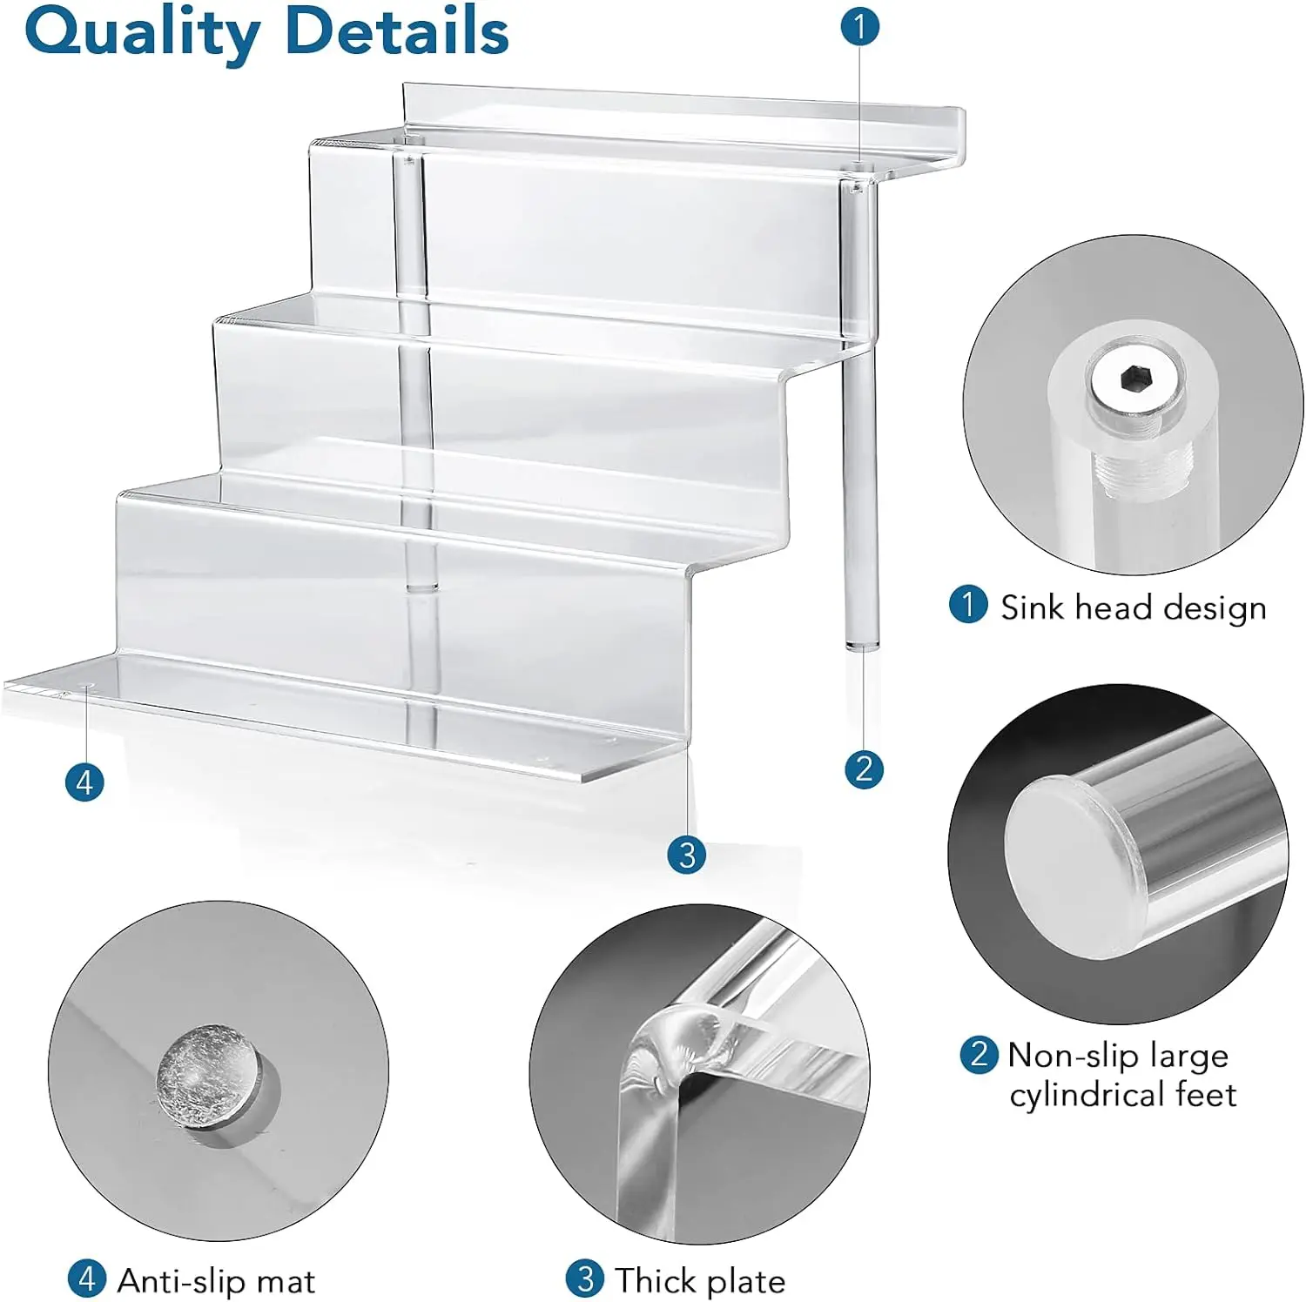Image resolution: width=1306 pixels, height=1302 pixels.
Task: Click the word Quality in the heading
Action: pyautogui.click(x=142, y=32)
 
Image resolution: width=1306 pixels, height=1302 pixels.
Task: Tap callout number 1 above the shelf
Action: pyautogui.click(x=859, y=26)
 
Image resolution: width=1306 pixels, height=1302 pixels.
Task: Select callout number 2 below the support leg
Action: pyautogui.click(x=864, y=768)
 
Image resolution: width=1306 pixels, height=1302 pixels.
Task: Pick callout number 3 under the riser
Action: pyautogui.click(x=686, y=854)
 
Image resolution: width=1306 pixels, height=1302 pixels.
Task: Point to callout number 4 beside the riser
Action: pyautogui.click(x=84, y=782)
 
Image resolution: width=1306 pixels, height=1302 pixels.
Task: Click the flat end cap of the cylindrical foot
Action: pyautogui.click(x=1067, y=867)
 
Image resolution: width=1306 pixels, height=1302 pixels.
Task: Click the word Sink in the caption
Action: pyautogui.click(x=1033, y=607)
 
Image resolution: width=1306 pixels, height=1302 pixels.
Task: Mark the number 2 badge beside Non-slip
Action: pyautogui.click(x=979, y=1054)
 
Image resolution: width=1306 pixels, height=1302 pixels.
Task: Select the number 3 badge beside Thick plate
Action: pyautogui.click(x=584, y=1279)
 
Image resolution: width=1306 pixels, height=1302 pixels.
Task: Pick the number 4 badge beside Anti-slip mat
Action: pyautogui.click(x=86, y=1279)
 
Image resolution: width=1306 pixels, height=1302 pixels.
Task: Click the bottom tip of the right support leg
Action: pyautogui.click(x=861, y=646)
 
